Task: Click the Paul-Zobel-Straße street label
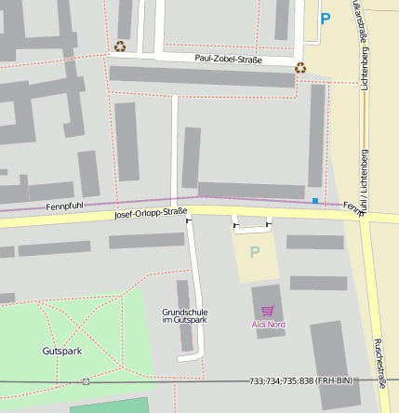pos(228,59)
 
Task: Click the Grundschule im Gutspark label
pos(184,316)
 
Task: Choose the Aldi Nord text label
pos(269,325)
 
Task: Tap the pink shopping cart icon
pos(269,311)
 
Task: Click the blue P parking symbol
pos(325,18)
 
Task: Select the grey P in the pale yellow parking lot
pos(255,252)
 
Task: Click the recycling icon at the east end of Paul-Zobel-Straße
pos(299,67)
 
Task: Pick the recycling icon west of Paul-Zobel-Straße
pos(120,46)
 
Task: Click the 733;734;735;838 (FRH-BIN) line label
pos(300,381)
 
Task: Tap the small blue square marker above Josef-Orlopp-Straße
pos(315,201)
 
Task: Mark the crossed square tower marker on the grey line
pos(86,381)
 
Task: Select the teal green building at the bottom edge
pos(109,406)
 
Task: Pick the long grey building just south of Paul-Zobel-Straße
pos(202,76)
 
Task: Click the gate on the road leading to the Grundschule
pos(189,220)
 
